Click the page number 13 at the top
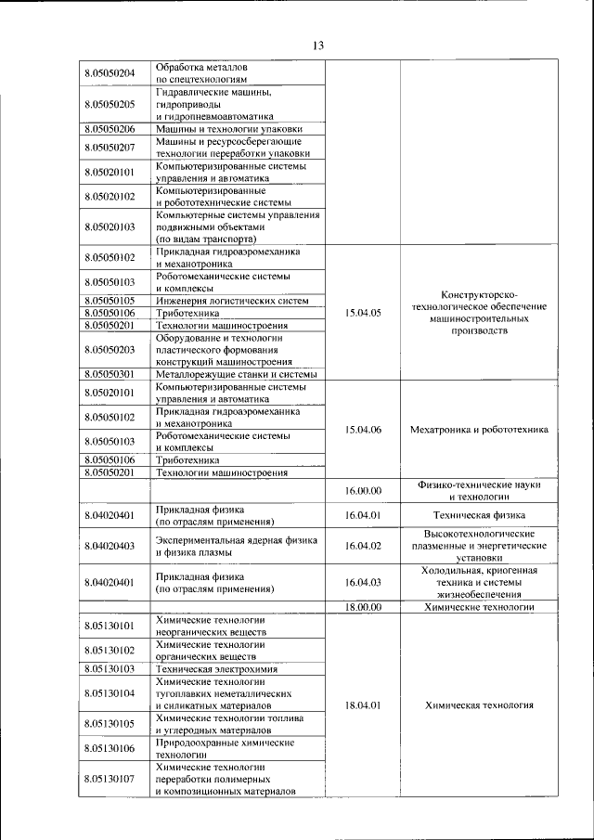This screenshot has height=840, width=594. (x=317, y=45)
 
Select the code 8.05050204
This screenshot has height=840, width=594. (x=110, y=73)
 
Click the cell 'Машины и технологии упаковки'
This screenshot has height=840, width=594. (x=228, y=129)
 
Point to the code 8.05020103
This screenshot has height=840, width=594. (x=110, y=226)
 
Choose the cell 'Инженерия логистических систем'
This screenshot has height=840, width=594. (x=232, y=301)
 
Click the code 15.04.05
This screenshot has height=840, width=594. (x=363, y=313)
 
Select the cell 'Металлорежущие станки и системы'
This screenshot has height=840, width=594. (x=237, y=374)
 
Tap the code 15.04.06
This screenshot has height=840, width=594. (x=363, y=429)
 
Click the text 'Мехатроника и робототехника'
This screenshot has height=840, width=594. (x=479, y=429)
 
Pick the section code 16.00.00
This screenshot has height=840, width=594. (x=363, y=490)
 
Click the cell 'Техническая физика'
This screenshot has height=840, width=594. (x=479, y=514)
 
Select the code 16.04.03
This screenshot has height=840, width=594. (x=363, y=582)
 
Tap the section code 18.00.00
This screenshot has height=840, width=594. (x=363, y=606)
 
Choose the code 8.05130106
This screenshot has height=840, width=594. (x=110, y=748)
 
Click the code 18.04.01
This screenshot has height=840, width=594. (x=363, y=705)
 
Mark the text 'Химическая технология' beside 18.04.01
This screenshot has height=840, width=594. (x=479, y=705)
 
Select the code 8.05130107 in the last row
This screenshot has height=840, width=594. (x=110, y=780)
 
